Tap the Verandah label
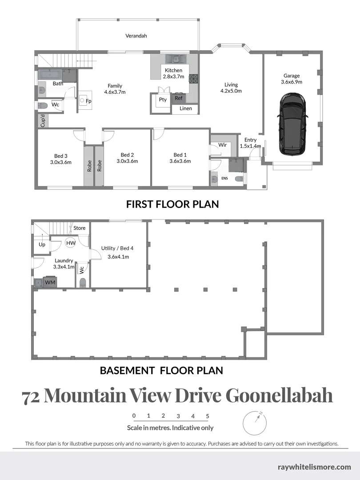(x=136, y=36)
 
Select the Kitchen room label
(x=173, y=70)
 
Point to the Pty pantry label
(x=163, y=100)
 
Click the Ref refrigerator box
(x=178, y=98)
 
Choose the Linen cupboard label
(x=186, y=108)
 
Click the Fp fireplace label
(x=88, y=101)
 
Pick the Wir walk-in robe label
(x=222, y=145)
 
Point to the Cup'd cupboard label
(x=43, y=121)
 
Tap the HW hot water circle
(x=71, y=243)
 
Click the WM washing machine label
(x=50, y=282)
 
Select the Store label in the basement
(x=80, y=228)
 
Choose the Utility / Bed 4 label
(x=117, y=248)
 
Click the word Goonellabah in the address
(x=279, y=395)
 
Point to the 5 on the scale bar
(x=208, y=416)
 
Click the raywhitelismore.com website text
(x=314, y=467)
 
